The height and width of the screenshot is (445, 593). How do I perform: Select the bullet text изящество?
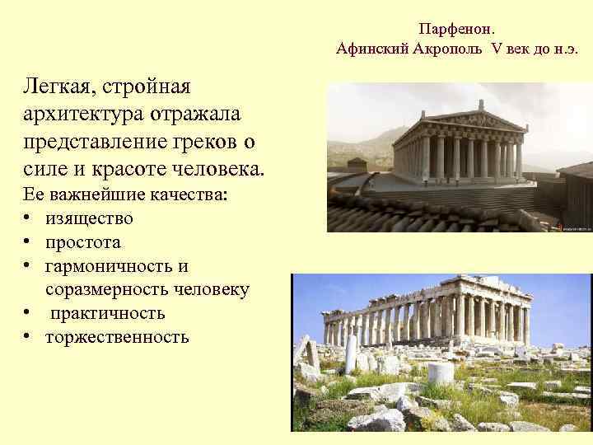point(89,218)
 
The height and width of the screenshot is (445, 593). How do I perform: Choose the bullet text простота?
point(83,242)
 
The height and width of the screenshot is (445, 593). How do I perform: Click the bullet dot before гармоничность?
point(28,266)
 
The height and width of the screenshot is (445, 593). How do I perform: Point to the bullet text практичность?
point(105,313)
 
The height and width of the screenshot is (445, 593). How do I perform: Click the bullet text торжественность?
point(117,337)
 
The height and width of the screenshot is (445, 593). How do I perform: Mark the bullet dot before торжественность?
point(28,337)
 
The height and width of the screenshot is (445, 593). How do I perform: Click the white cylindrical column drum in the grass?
point(441,372)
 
